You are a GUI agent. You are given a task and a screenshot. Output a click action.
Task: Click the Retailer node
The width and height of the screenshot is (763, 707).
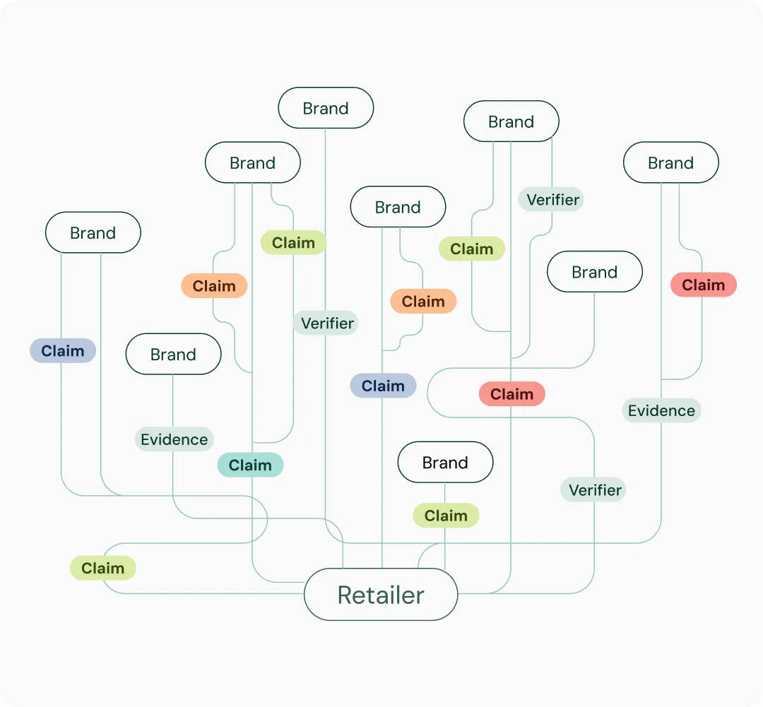pos(381,595)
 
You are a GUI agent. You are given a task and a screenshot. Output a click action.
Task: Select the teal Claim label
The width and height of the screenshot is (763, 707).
pos(250,465)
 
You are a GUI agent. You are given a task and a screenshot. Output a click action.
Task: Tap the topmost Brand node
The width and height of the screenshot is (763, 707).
pos(326,108)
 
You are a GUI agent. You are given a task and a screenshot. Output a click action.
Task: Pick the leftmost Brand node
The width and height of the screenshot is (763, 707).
pos(93,232)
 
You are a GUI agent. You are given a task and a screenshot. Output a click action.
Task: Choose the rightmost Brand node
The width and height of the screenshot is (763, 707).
pos(670,162)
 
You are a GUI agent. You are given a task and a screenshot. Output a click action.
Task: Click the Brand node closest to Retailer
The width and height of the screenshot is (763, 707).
pos(445,463)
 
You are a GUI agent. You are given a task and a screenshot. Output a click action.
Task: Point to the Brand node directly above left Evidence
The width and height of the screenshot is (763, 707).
pos(173,354)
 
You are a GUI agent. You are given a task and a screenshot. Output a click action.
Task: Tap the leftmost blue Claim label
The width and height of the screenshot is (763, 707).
pos(62,350)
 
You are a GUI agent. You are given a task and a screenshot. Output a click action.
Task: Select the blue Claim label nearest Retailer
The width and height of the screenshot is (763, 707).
pos(383,386)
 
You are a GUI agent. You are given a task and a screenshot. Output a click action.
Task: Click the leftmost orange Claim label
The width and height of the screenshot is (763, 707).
pos(214,286)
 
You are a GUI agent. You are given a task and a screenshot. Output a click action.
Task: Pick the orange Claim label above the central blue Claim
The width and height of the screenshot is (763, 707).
pos(423,302)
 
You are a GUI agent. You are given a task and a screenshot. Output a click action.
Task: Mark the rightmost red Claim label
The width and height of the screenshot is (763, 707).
pos(703,285)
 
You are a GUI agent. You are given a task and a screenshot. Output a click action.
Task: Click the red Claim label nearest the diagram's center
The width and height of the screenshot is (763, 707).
pos(511,394)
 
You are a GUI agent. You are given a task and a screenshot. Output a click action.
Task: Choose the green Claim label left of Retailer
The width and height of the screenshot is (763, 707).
pos(102,568)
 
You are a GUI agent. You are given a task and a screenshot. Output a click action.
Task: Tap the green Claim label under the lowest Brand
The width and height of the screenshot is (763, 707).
pos(446,516)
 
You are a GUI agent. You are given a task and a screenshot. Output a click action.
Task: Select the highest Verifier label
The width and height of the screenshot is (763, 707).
pos(552,199)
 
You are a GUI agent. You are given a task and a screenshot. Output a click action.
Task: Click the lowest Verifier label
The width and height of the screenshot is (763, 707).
pos(594,489)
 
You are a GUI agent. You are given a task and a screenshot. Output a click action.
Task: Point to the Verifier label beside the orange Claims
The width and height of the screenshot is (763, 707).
pos(327,323)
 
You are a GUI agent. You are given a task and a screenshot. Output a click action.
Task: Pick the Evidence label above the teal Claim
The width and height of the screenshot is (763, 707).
pos(174,439)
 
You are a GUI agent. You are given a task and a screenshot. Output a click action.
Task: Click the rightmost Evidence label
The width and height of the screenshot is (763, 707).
pos(661,410)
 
